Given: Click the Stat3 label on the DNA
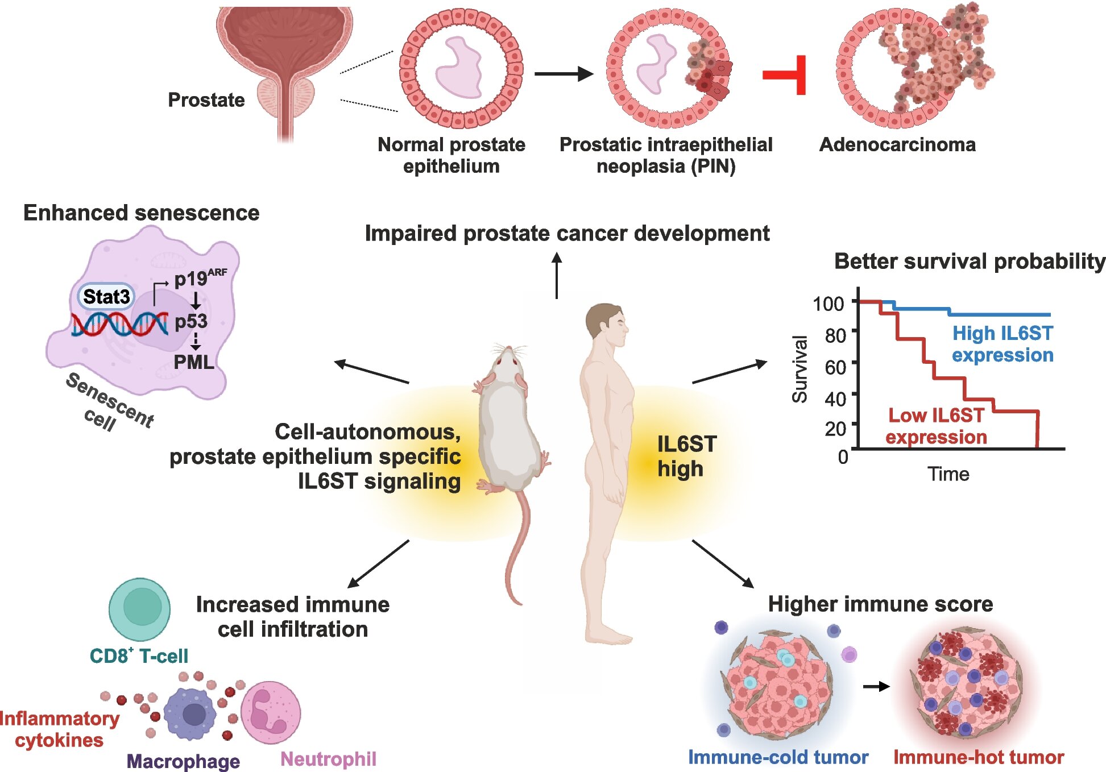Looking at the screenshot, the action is (x=106, y=296).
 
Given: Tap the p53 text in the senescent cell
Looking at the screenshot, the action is (x=191, y=322).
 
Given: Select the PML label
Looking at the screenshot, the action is (x=194, y=362).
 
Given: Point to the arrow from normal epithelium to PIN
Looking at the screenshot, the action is (x=564, y=73).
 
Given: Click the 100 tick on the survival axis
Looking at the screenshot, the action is (x=828, y=304).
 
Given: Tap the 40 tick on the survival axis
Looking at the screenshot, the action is (x=835, y=399).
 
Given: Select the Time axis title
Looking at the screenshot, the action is (x=948, y=474).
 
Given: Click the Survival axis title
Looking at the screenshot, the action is (x=800, y=369).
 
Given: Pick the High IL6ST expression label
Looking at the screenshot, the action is (x=1003, y=344).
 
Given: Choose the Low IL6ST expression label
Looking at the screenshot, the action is (x=936, y=426).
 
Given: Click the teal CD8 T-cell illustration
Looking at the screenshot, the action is (x=139, y=609).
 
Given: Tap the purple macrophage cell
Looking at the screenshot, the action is (x=190, y=714).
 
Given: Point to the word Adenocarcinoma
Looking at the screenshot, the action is (x=897, y=144).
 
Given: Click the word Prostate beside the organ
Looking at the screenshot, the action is (x=206, y=100).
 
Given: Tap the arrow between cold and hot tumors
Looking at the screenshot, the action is (x=876, y=687).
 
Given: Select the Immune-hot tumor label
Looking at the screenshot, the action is (x=979, y=757).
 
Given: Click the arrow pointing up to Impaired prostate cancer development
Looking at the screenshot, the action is (x=557, y=275).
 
